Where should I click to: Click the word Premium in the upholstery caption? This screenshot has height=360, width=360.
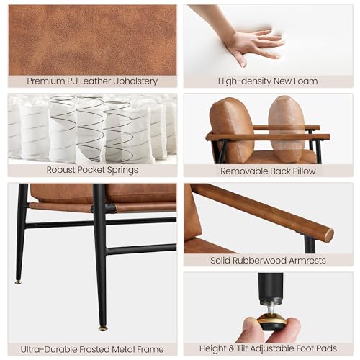click(45, 81)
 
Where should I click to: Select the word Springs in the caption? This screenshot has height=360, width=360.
click(122, 170)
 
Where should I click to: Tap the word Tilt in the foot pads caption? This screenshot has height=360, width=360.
click(242, 348)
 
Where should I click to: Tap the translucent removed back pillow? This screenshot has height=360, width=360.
click(287, 129)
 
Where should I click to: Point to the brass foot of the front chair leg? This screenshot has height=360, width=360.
click(103, 328)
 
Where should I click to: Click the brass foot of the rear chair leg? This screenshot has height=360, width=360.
click(19, 282)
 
